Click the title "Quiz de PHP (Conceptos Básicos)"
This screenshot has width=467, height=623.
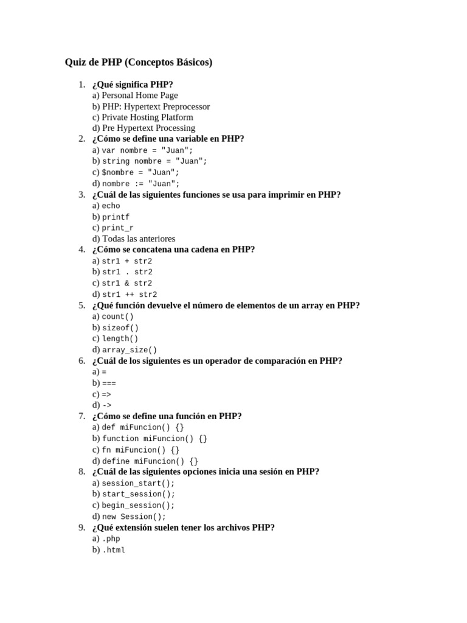click(x=139, y=63)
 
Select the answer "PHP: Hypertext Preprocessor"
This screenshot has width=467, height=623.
click(x=156, y=106)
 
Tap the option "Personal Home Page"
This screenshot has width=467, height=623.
click(x=140, y=96)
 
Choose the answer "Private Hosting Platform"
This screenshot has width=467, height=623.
click(x=148, y=117)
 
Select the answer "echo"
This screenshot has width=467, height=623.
click(x=111, y=206)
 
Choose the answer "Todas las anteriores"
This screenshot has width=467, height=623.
click(x=139, y=239)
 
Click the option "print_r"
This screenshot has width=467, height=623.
click(x=118, y=228)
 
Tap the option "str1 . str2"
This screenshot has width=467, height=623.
click(x=127, y=273)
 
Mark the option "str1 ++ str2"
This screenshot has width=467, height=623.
click(x=130, y=294)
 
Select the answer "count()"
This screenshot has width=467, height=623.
click(x=118, y=317)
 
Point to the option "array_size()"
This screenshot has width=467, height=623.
click(x=130, y=350)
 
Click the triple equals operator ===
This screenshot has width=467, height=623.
click(x=109, y=383)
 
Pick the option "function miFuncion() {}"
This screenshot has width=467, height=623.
click(x=154, y=439)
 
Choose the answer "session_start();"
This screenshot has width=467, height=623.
click(x=139, y=483)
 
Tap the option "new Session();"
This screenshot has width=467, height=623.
click(x=134, y=517)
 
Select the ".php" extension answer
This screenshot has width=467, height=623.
click(x=111, y=539)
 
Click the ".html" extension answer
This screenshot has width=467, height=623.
click(x=114, y=550)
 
